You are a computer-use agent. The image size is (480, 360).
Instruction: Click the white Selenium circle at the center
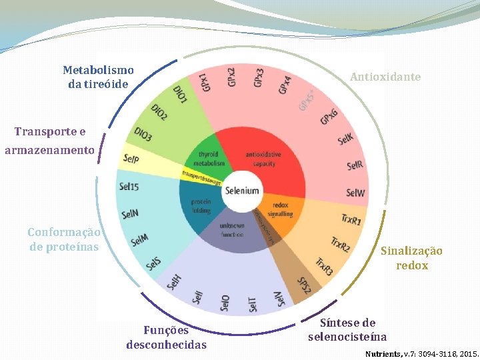pos(241,191)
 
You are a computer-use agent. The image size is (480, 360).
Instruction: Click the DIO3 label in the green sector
pos(143,134)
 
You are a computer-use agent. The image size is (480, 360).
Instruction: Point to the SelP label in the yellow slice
pos(130,159)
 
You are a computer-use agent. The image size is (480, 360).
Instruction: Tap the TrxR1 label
pos(351,218)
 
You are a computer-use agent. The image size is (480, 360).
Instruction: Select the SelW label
pos(356,193)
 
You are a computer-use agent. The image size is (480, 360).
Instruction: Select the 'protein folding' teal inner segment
pos(201,206)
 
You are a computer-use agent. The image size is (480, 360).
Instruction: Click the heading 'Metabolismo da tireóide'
pos(98,77)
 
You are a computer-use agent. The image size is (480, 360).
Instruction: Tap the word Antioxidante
pos(385,77)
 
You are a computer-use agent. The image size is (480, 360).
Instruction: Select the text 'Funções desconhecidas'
pos(166,337)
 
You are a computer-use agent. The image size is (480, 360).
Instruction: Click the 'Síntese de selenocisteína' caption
pos(347,330)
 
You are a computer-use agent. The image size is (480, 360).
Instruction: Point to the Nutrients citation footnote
pos(421,351)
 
